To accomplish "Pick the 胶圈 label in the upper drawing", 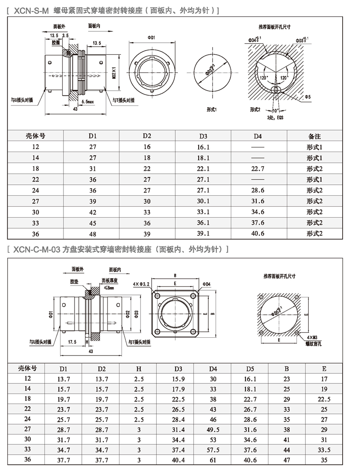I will pyautogui.click(x=56, y=43).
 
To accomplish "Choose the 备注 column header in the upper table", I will pyautogui.click(x=315, y=136).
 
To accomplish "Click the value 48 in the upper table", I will pyautogui.click(x=92, y=233).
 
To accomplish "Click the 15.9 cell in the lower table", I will pyautogui.click(x=178, y=379).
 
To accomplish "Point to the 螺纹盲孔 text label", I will pyautogui.click(x=313, y=344).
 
